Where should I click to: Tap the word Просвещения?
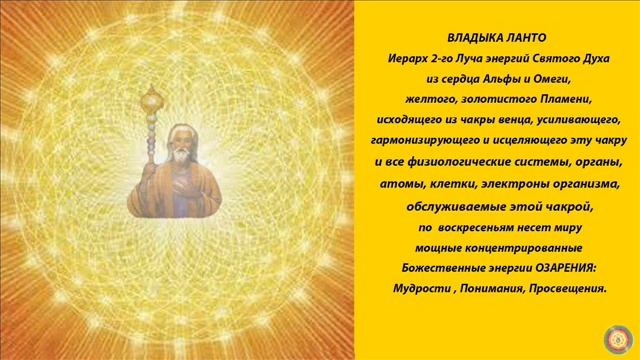[x=559, y=288]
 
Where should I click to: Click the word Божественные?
[x=423, y=268]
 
